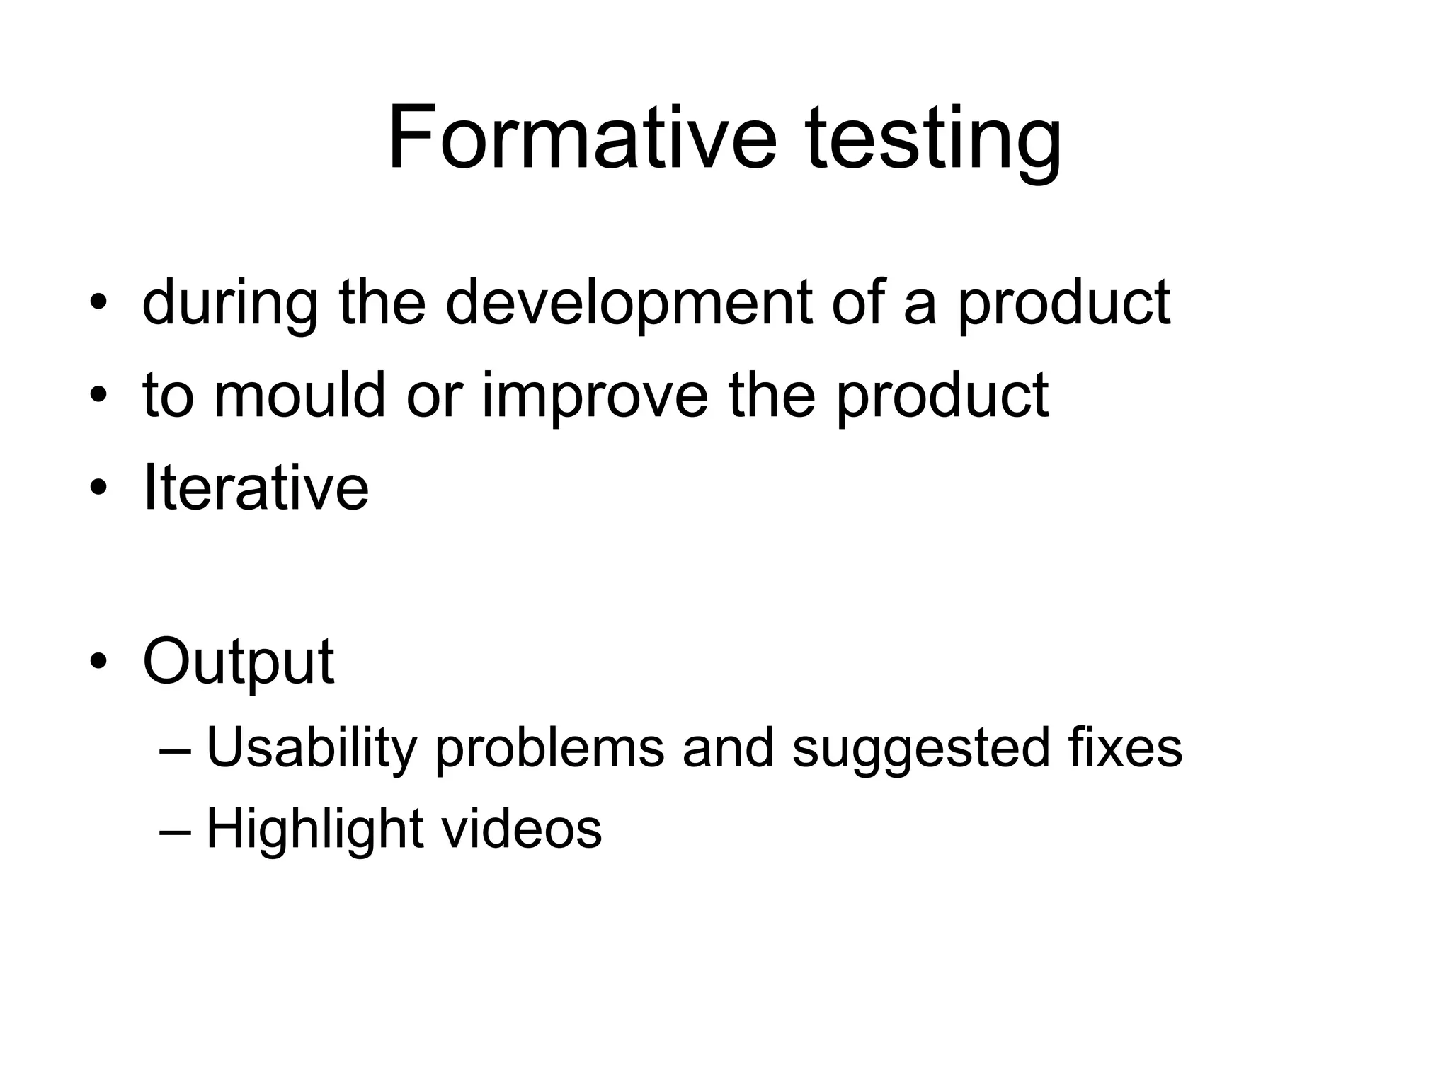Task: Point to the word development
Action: (x=629, y=304)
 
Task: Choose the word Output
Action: (x=238, y=663)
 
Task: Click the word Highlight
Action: (x=314, y=830)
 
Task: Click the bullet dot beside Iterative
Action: (x=98, y=488)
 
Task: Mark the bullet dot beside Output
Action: (x=98, y=662)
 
